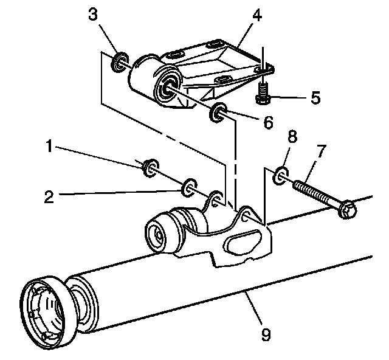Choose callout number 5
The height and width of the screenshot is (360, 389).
[x=314, y=97]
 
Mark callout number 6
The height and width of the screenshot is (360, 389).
[x=268, y=123]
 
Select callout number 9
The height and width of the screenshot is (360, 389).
[x=266, y=333]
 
